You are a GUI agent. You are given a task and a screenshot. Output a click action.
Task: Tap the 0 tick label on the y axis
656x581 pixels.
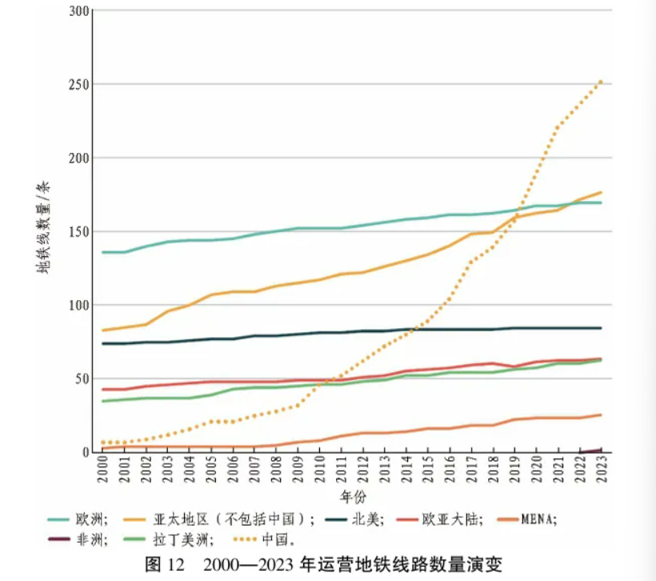(83, 452)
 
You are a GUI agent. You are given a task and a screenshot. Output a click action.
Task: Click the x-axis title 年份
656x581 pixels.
(352, 497)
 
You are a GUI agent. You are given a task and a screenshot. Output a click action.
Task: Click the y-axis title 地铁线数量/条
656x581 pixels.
(43, 228)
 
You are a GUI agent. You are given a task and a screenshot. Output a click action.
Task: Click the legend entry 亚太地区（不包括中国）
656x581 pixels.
(233, 519)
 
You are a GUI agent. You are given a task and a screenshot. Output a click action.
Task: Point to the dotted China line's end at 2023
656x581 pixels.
(601, 81)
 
